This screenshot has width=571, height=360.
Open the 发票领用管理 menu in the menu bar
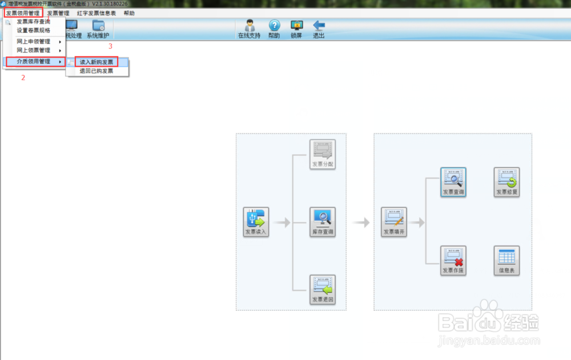(x=23, y=13)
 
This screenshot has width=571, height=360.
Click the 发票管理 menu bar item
(x=58, y=13)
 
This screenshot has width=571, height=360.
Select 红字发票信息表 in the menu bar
(x=96, y=13)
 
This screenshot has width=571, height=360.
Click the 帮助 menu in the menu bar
(x=129, y=13)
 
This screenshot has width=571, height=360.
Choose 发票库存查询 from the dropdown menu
(x=33, y=22)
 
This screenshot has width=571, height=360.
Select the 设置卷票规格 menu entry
(x=33, y=30)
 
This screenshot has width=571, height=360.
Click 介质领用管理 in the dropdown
(x=34, y=61)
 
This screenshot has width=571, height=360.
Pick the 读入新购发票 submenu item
(x=96, y=62)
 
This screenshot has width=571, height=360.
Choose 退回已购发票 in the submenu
(x=96, y=71)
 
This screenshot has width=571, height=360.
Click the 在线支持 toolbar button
(x=249, y=29)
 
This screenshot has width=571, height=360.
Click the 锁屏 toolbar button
(x=296, y=29)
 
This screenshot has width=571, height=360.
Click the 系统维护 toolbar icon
(x=98, y=29)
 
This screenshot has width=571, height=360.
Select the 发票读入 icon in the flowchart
(x=256, y=222)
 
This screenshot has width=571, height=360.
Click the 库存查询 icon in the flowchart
(x=323, y=222)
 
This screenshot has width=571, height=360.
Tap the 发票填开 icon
(x=394, y=222)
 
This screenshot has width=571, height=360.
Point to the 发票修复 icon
(x=506, y=182)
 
